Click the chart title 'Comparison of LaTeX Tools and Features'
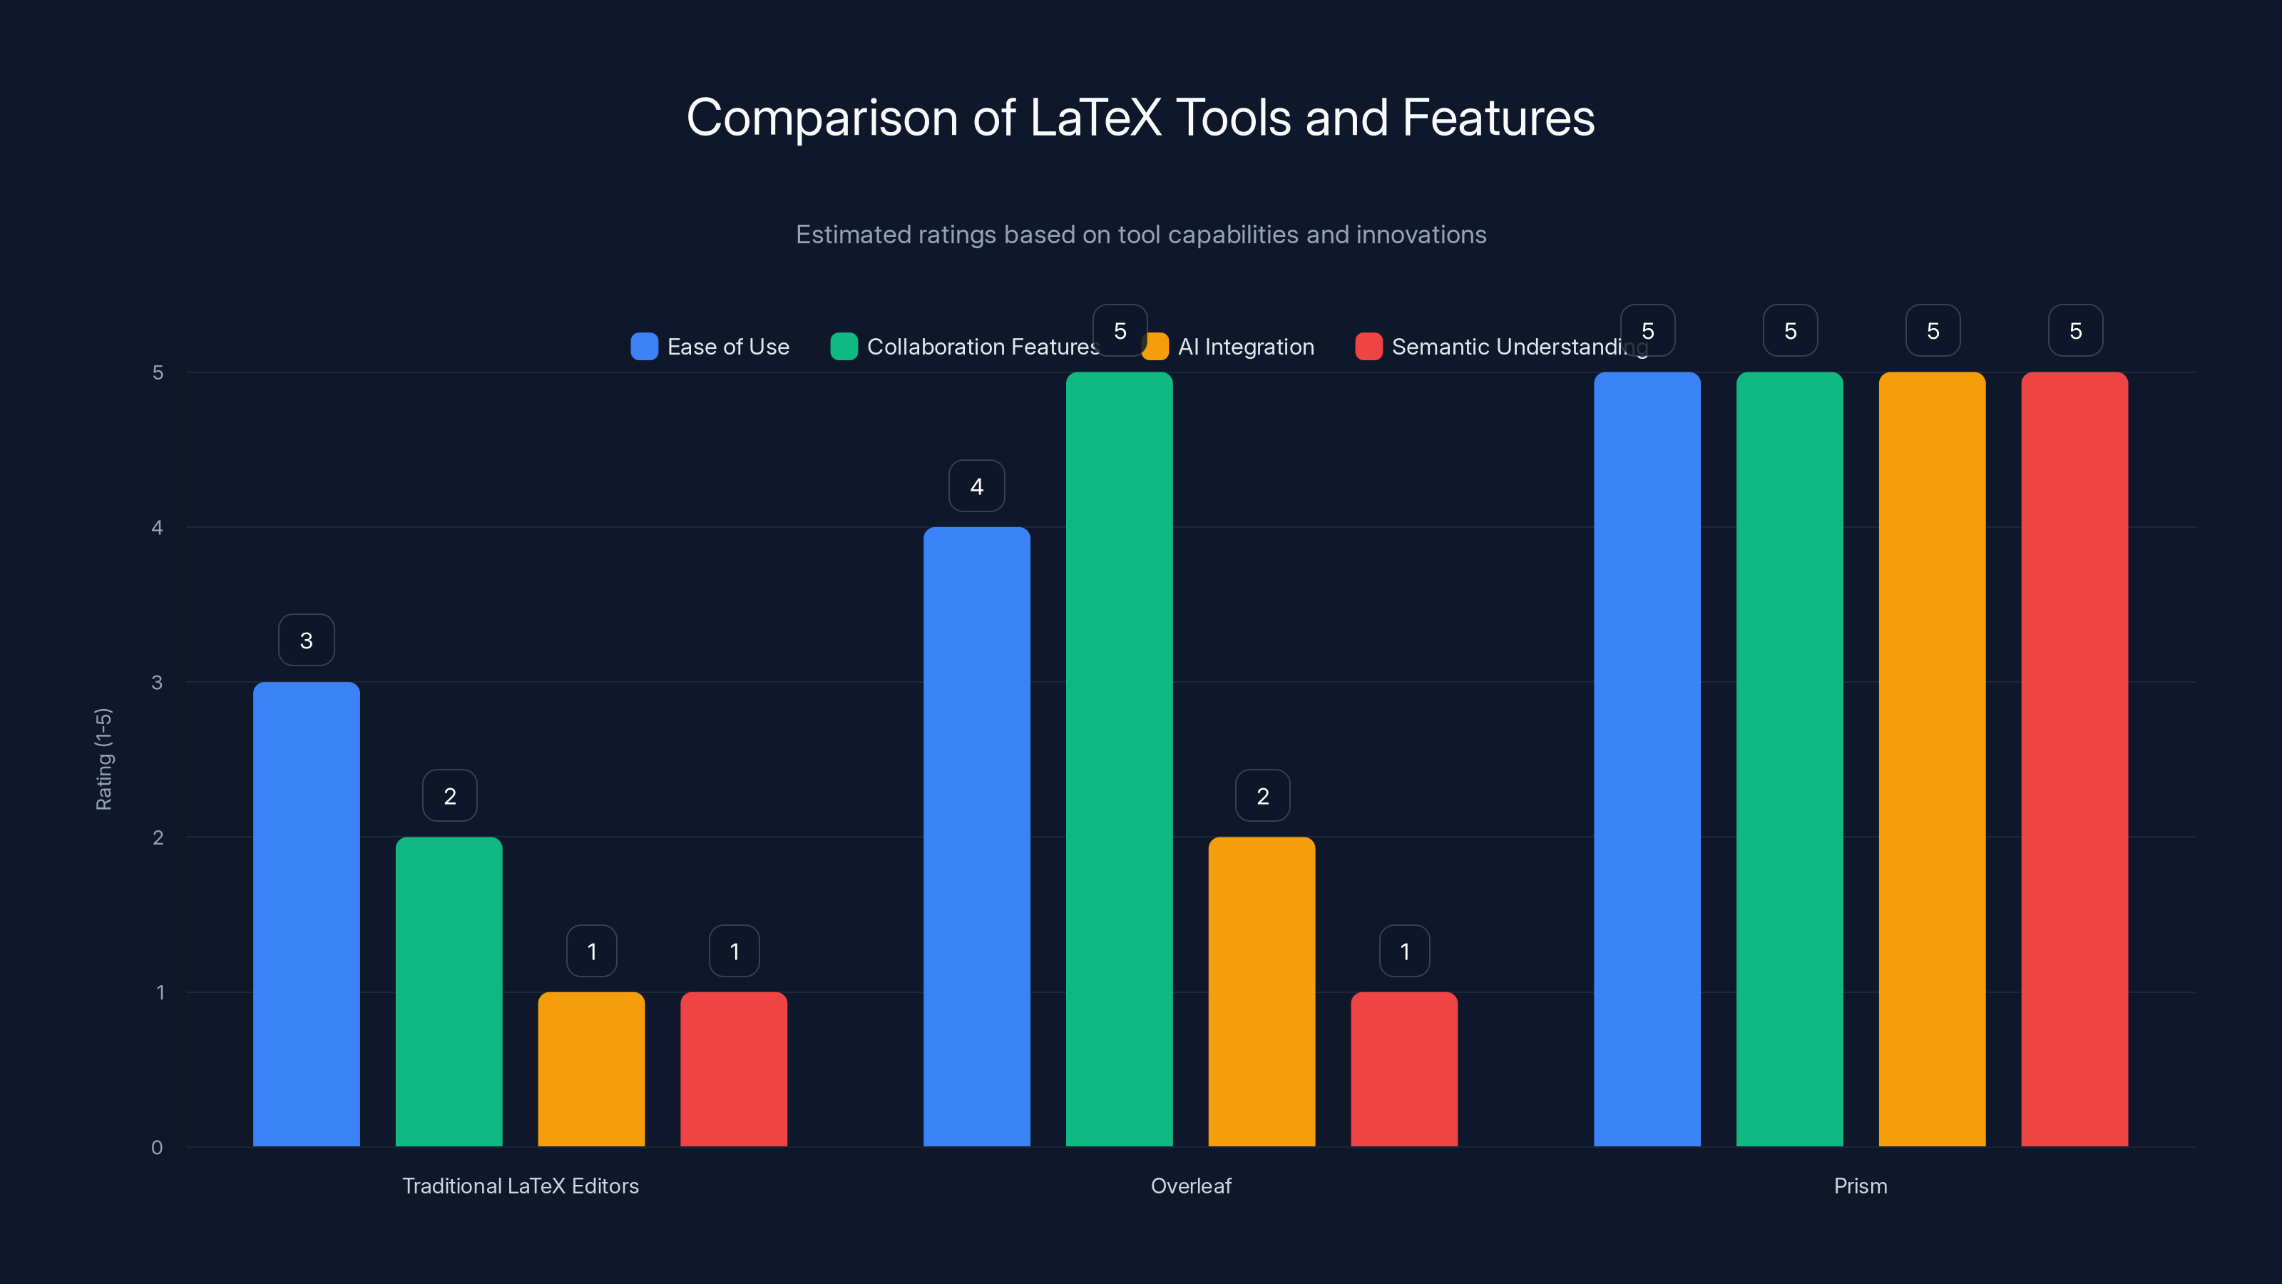tap(1140, 118)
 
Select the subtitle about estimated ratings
tap(1140, 235)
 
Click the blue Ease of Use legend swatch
tap(644, 347)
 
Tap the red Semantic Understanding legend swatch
tap(1368, 347)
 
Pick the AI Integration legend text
tap(1246, 347)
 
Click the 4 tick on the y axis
tap(158, 527)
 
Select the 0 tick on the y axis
tap(158, 1148)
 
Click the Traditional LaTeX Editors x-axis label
tap(520, 1186)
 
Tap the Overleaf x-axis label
tap(1191, 1186)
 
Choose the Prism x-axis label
tap(1861, 1186)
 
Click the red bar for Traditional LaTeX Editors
tap(734, 1069)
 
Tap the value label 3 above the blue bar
tap(307, 640)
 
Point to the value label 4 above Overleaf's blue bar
tap(976, 486)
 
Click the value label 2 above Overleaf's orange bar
tap(1262, 796)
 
